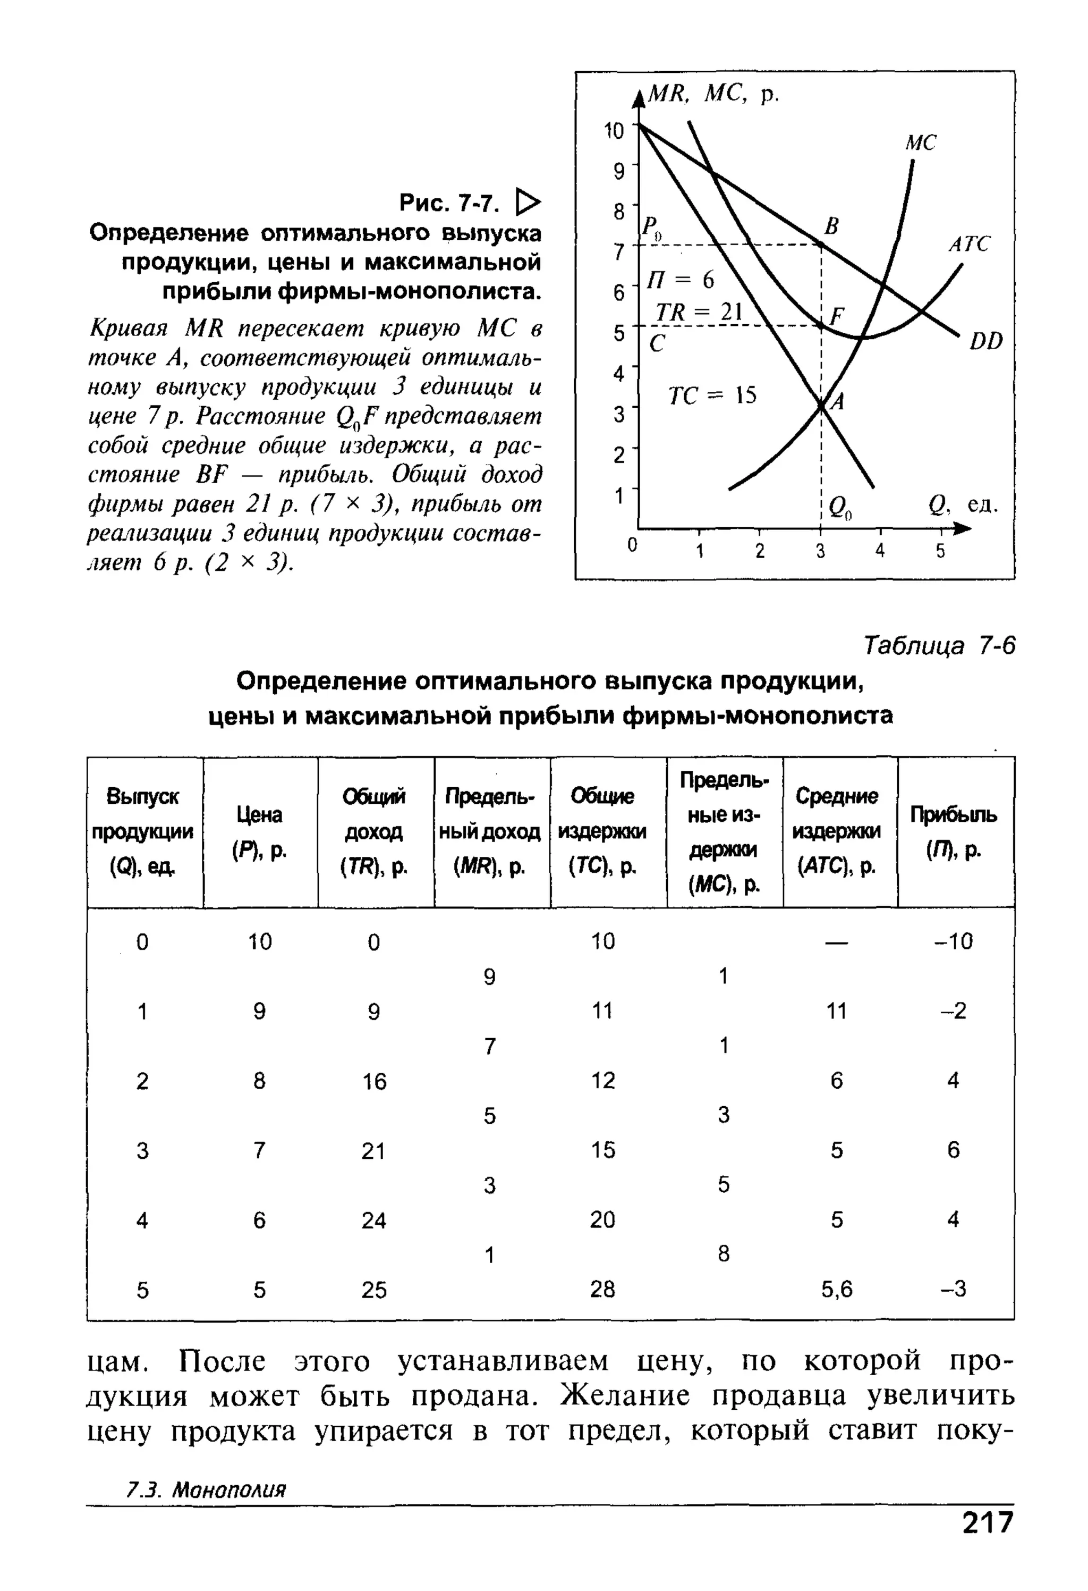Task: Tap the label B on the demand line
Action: tap(831, 226)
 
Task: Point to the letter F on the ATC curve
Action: tap(837, 316)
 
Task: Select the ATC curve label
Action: tap(968, 245)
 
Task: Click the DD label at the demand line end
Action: tap(985, 341)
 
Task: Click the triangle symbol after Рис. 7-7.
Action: tap(528, 202)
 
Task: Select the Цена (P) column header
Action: tap(259, 832)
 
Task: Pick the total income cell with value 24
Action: tap(373, 1220)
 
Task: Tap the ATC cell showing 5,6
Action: tap(837, 1290)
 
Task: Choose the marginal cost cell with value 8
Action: tap(723, 1253)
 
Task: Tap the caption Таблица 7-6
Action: tap(939, 645)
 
